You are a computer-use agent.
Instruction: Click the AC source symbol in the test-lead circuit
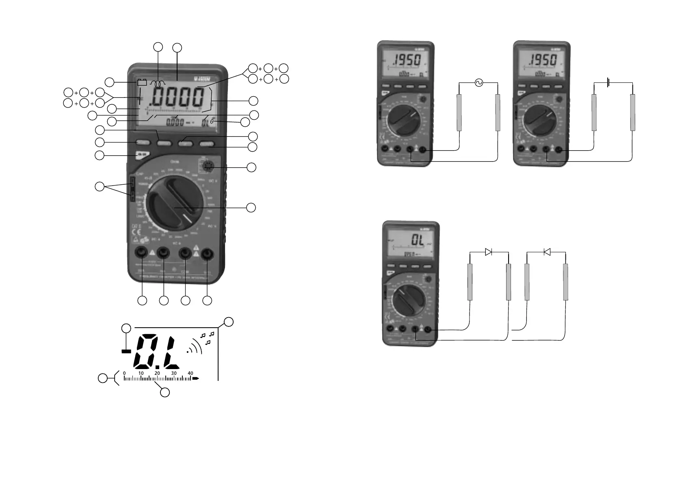pyautogui.click(x=478, y=83)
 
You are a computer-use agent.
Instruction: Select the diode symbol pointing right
pyautogui.click(x=489, y=252)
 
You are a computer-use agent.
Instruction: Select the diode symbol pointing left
pyautogui.click(x=547, y=252)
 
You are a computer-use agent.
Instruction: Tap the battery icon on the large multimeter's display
pyautogui.click(x=142, y=82)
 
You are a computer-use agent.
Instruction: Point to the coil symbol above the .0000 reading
pyautogui.click(x=158, y=83)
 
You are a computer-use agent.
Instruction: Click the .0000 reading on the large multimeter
pyautogui.click(x=177, y=98)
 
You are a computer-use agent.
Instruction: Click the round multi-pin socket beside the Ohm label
pyautogui.click(x=206, y=166)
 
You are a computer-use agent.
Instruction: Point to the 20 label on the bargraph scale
pyautogui.click(x=157, y=373)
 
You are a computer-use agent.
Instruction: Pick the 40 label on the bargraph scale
pyautogui.click(x=190, y=373)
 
